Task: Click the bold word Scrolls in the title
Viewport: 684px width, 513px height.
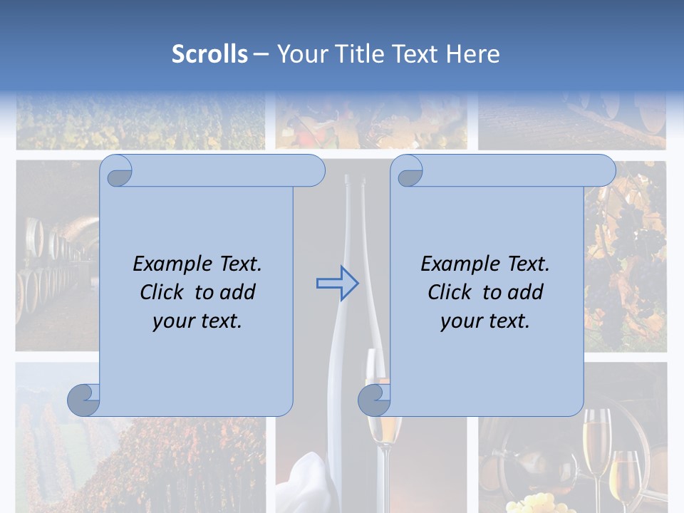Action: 209,54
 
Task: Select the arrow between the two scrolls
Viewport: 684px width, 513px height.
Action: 337,284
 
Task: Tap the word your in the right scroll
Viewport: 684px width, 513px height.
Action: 460,321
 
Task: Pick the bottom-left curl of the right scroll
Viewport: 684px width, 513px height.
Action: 374,400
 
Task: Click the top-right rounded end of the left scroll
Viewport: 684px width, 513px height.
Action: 312,171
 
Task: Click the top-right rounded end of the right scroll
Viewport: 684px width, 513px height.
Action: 603,171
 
